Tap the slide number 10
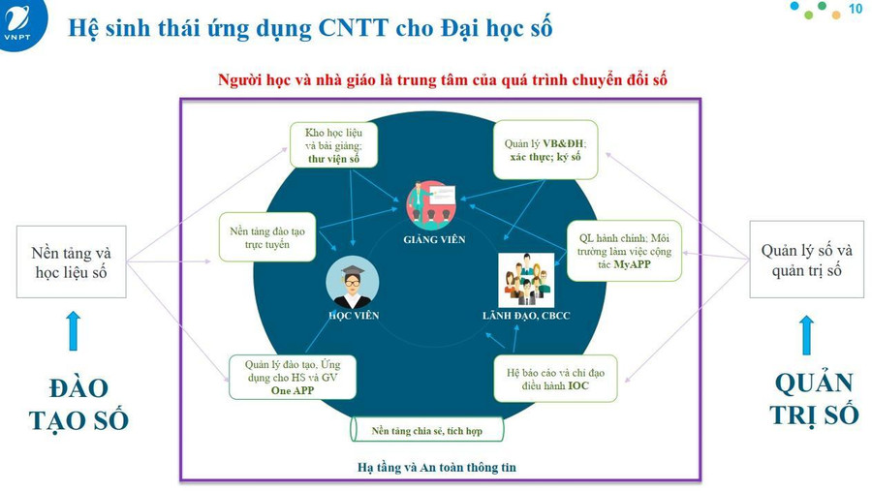(x=856, y=9)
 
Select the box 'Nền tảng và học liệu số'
(x=71, y=261)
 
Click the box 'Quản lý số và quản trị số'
(x=806, y=260)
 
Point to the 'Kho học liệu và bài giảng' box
(x=333, y=145)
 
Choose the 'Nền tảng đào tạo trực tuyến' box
(x=267, y=237)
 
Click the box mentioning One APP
(x=293, y=378)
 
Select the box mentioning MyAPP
(x=624, y=251)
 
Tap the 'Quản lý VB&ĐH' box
(x=545, y=150)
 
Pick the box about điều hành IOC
(x=555, y=379)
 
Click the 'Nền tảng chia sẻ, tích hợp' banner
(x=426, y=430)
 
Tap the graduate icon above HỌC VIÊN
(x=352, y=283)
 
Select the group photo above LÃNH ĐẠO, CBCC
(x=526, y=280)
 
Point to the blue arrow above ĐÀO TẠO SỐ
(x=73, y=331)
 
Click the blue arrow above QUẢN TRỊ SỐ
(x=806, y=335)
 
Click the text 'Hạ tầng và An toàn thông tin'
(x=437, y=467)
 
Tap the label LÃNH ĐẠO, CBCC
(x=526, y=316)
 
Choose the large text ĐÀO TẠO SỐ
(x=78, y=404)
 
